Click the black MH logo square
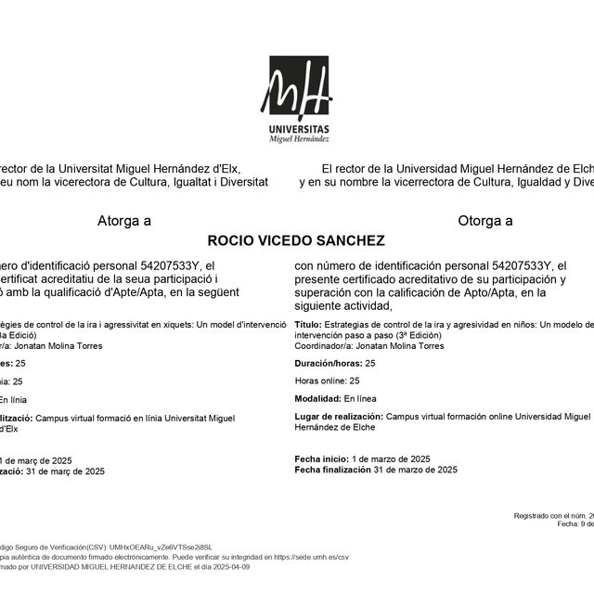pos(299,87)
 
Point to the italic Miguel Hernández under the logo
pos(298,138)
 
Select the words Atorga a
pos(124,221)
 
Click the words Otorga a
pos(484,221)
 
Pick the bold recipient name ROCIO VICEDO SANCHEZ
pos(295,240)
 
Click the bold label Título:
pos(308,325)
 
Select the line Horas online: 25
pos(327,381)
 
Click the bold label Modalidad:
pos(316,397)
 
